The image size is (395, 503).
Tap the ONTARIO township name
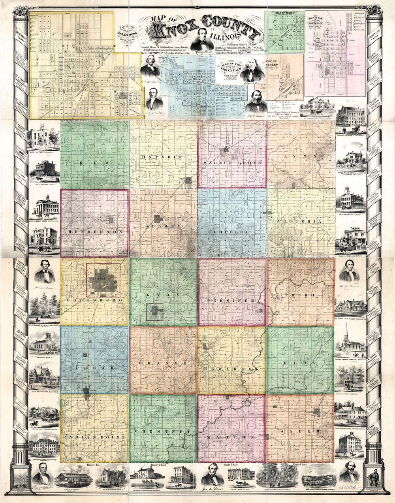click(164, 157)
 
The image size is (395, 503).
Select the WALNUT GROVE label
click(232, 163)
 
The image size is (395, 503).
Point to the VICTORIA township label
click(300, 222)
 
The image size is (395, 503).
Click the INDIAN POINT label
click(94, 437)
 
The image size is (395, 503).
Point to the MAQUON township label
click(231, 437)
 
